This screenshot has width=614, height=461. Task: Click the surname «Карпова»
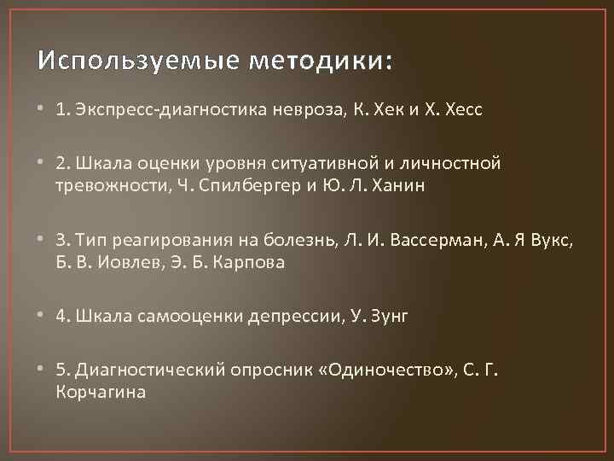(x=253, y=264)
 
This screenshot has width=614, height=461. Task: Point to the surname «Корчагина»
(x=100, y=392)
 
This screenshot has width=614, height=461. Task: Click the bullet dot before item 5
(x=42, y=369)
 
